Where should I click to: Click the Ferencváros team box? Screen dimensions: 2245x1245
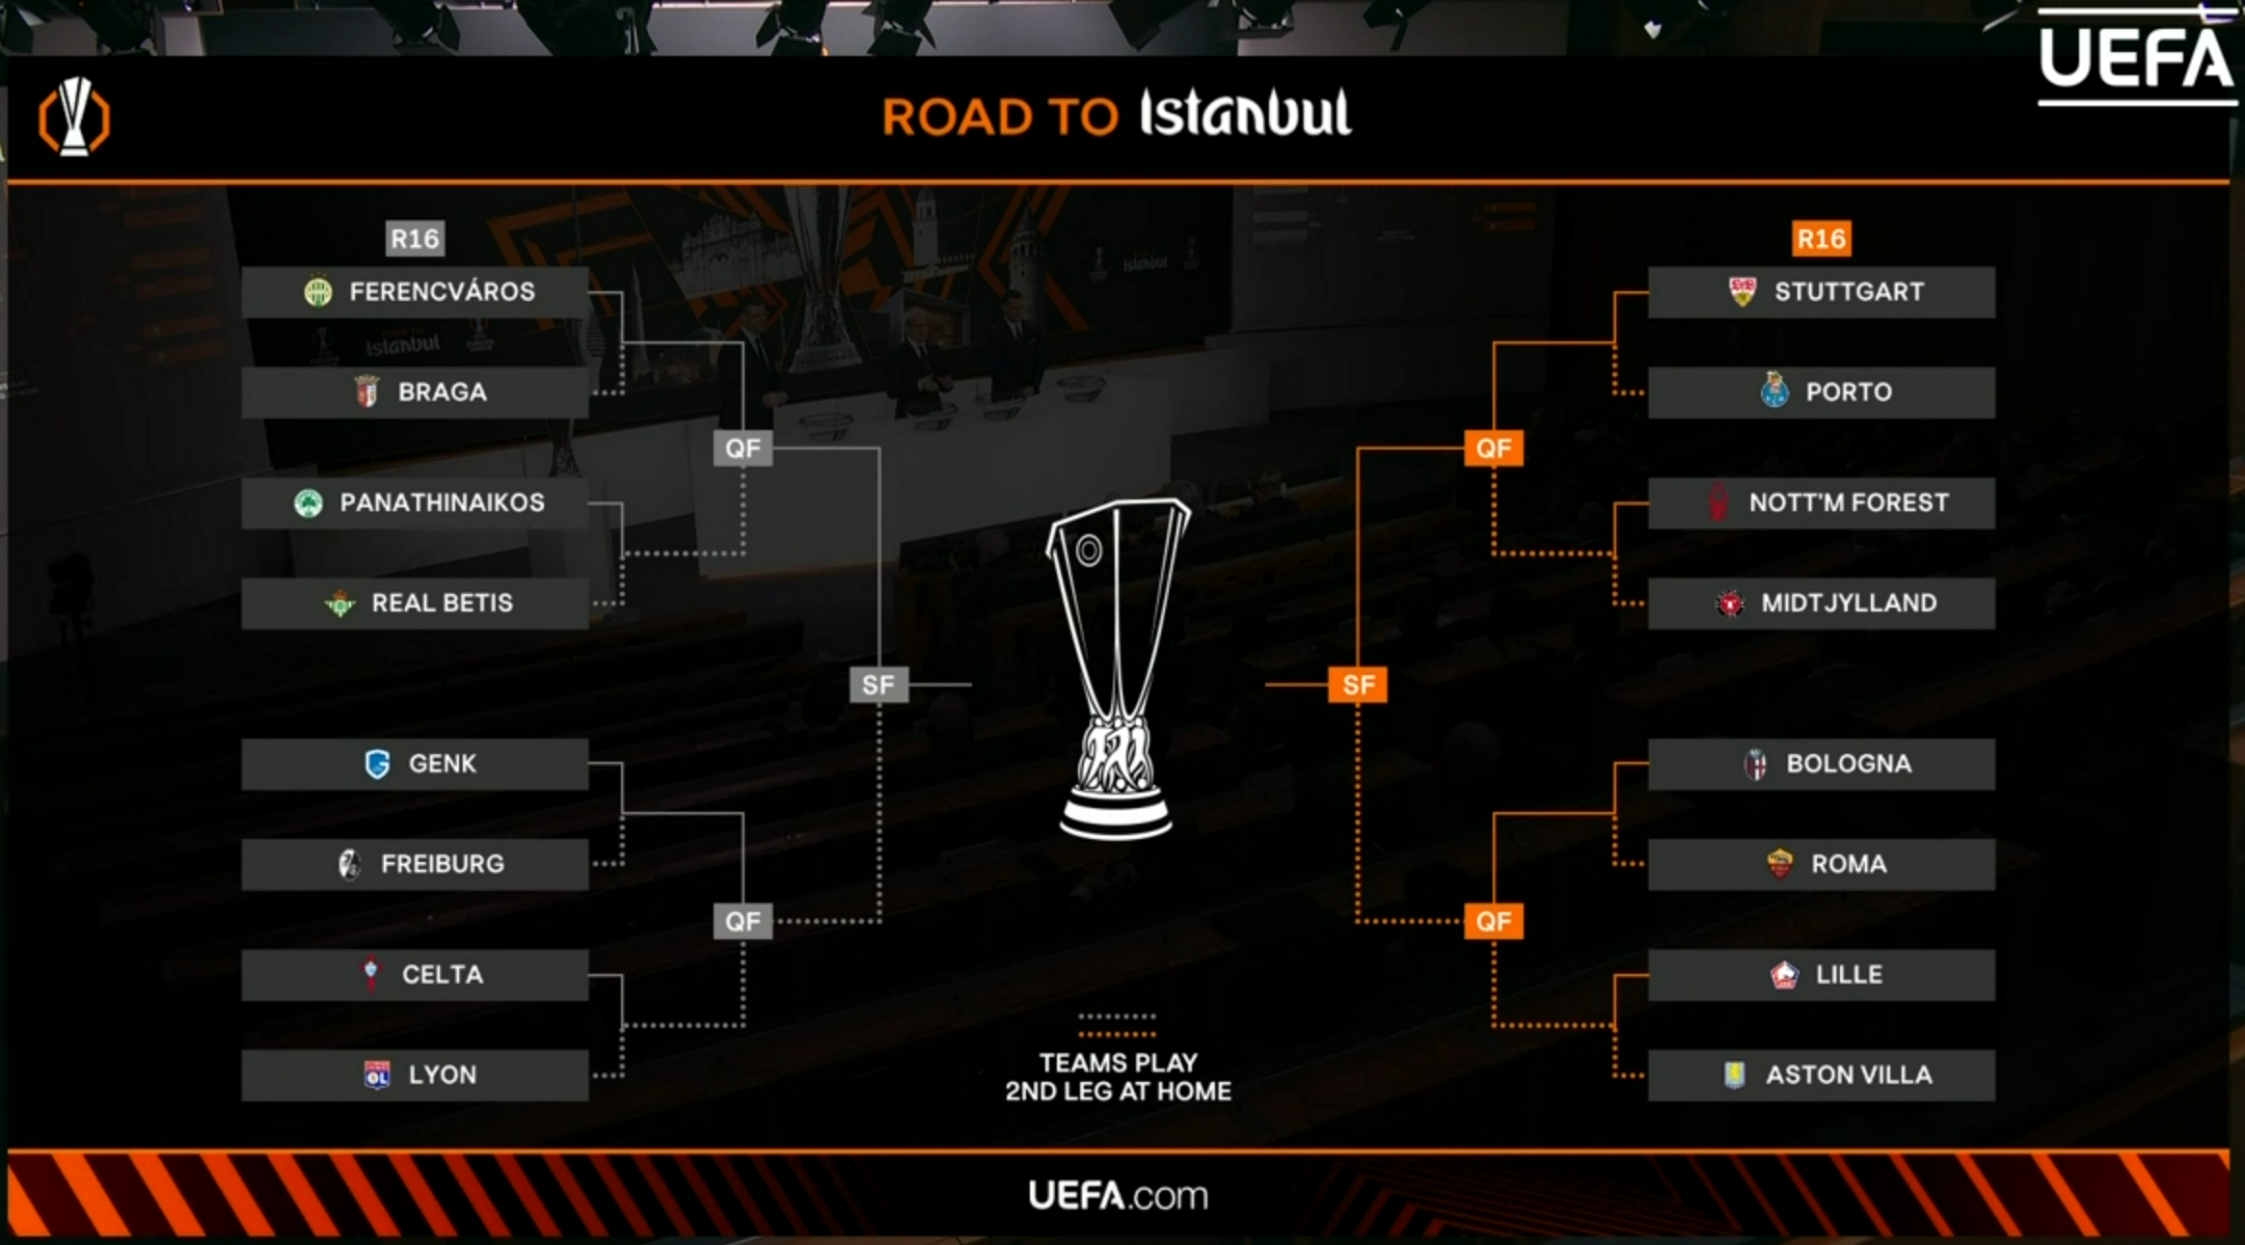(x=415, y=291)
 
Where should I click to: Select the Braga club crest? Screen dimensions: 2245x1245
(x=366, y=391)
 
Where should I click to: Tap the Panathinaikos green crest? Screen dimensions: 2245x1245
(x=309, y=502)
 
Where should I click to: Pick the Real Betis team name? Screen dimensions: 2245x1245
(x=443, y=603)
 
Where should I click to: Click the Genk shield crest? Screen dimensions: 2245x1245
(x=377, y=764)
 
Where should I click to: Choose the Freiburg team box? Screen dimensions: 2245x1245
(x=415, y=864)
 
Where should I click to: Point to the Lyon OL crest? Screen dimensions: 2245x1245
(x=377, y=1074)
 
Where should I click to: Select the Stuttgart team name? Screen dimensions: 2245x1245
(x=1849, y=291)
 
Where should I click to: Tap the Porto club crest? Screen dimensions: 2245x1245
(x=1774, y=390)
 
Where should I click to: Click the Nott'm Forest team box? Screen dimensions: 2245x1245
(x=1822, y=502)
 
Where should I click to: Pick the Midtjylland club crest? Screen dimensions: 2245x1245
(x=1730, y=604)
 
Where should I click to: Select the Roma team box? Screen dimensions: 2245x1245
(x=1822, y=864)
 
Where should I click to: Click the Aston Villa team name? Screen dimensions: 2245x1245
(x=1849, y=1074)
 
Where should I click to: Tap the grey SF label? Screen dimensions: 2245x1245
(x=879, y=685)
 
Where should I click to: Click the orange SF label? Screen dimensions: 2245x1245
(x=1358, y=685)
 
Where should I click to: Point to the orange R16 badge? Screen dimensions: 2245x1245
(x=1822, y=238)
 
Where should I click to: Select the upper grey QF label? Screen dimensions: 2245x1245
(x=743, y=448)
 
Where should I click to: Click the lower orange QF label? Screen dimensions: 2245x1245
(x=1494, y=921)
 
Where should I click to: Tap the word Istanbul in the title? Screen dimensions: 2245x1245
(x=1245, y=114)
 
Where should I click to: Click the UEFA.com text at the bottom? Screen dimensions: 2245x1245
(x=1118, y=1196)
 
